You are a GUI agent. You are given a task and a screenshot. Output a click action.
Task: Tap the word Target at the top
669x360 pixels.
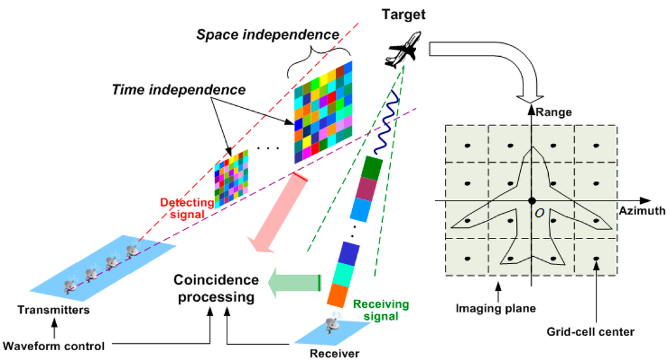click(x=404, y=12)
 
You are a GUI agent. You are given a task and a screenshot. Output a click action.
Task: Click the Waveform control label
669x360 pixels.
click(x=54, y=346)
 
